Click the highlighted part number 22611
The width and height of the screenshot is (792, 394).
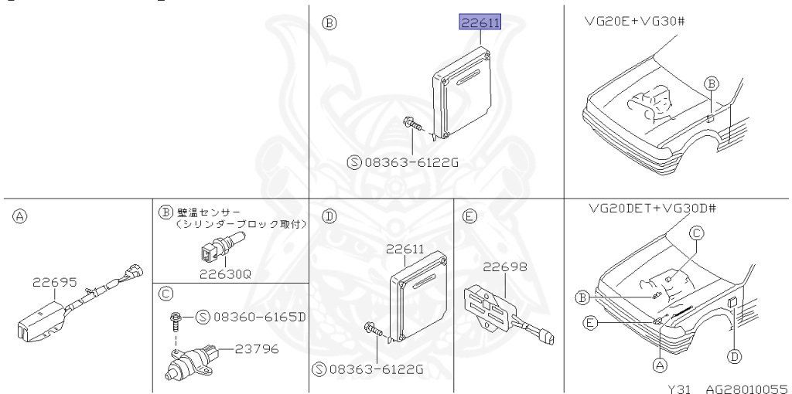pos(480,22)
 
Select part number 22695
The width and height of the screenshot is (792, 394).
pos(55,282)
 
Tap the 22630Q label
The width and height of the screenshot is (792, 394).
pos(224,274)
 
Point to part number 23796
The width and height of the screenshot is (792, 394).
pos(255,348)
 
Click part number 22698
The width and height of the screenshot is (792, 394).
pos(505,267)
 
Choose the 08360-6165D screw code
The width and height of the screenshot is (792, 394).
pos(259,317)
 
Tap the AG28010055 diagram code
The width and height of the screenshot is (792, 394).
pos(746,389)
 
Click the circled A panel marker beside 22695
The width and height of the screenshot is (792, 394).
pos(19,217)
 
